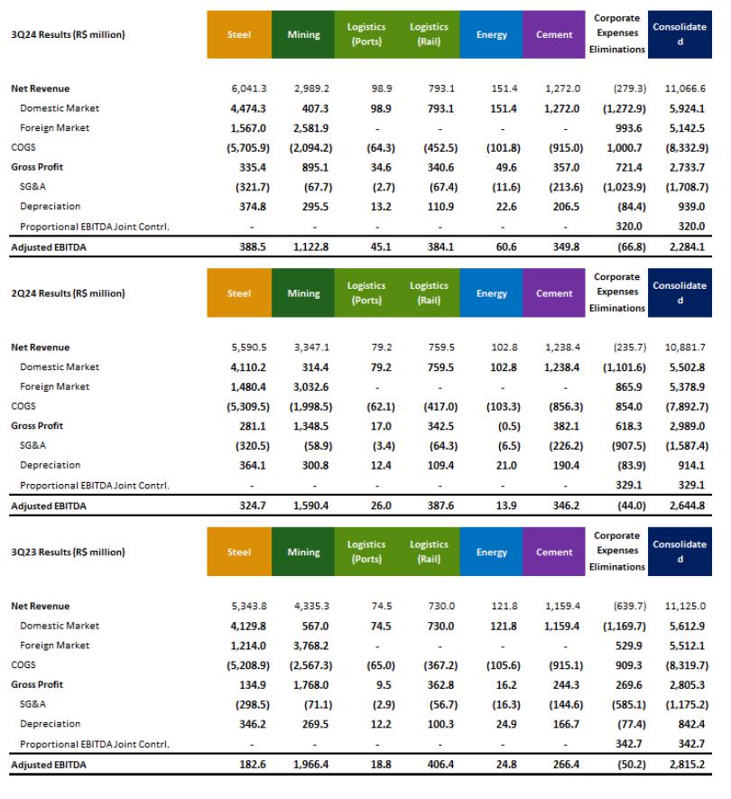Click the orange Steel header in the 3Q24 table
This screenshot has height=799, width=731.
(240, 35)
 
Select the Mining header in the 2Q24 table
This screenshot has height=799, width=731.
(303, 293)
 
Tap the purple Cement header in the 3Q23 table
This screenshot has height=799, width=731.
(553, 552)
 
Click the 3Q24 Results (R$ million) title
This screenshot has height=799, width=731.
(68, 35)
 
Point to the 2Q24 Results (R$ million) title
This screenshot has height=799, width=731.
(68, 293)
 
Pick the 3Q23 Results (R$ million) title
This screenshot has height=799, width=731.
(68, 552)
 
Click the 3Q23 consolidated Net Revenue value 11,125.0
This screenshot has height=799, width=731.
(685, 606)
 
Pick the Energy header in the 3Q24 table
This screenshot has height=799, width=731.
(491, 35)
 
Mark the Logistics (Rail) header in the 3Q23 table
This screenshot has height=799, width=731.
(429, 552)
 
